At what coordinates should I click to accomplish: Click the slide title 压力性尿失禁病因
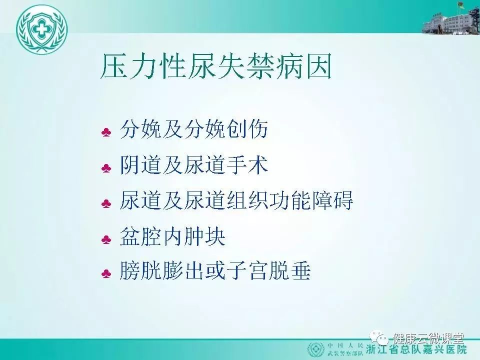[x=216, y=66]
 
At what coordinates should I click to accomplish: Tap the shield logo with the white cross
[x=41, y=29]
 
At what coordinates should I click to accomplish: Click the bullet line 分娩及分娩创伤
[x=194, y=129]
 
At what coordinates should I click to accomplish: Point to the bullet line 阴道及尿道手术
[x=194, y=165]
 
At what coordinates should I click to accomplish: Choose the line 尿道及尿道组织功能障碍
[x=236, y=200]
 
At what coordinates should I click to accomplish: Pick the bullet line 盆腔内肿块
[x=172, y=236]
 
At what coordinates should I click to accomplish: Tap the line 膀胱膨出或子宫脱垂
[x=215, y=270]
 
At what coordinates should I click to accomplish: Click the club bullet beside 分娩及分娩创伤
[x=106, y=132]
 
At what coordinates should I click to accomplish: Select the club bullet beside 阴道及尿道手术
[x=106, y=168]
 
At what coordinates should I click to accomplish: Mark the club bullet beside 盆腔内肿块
[x=106, y=239]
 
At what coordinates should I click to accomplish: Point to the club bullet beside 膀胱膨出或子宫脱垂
[x=106, y=273]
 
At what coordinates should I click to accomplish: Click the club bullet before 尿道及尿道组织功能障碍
[x=106, y=203]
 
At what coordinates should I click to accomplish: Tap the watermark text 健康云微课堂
[x=428, y=338]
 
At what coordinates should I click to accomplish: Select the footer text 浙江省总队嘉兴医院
[x=416, y=349]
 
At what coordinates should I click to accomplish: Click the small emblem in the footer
[x=316, y=349]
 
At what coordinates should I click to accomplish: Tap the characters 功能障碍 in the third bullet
[x=311, y=200]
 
